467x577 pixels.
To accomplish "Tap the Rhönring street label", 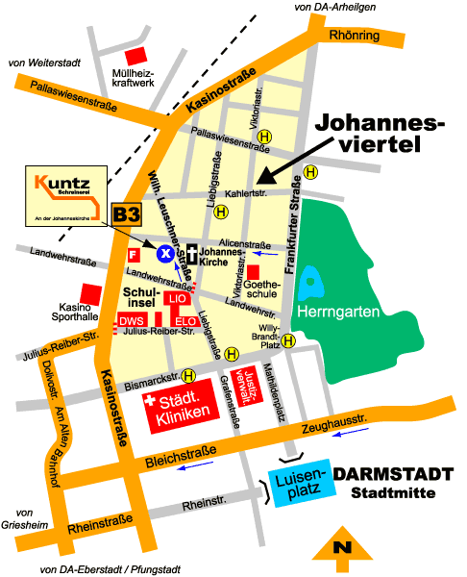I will [355, 37].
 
